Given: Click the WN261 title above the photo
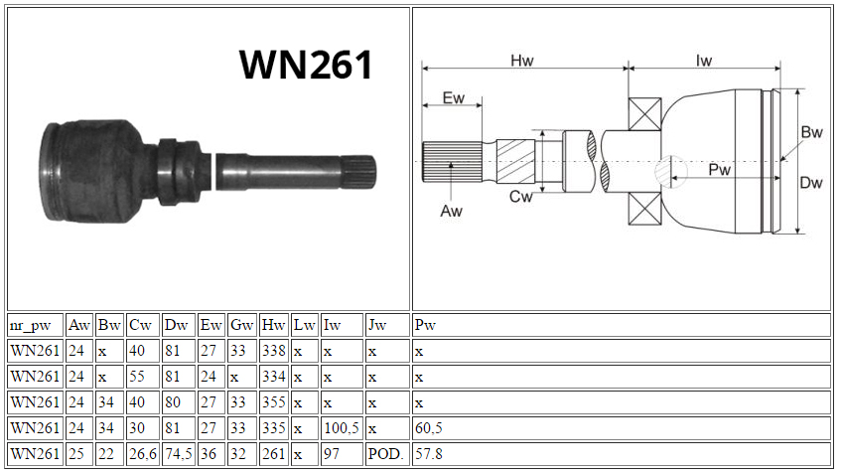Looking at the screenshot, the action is click(306, 65).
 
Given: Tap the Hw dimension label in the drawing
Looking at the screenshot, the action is click(522, 61).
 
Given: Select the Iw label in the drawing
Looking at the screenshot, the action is click(704, 61).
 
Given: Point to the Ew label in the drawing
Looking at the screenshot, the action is click(453, 97).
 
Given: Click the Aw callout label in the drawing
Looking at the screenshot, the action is click(451, 211).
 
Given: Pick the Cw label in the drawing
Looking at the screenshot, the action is click(521, 197).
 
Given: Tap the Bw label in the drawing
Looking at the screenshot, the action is click(811, 132).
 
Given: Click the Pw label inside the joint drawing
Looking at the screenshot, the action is click(719, 170).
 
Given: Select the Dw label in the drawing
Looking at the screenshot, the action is click(811, 183).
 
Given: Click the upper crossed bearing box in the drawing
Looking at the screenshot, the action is click(644, 114).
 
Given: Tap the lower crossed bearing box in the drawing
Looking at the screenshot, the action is click(644, 209).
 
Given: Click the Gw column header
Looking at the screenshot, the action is click(242, 325).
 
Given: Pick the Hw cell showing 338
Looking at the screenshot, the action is click(273, 351).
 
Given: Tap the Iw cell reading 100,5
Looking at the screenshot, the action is click(343, 428).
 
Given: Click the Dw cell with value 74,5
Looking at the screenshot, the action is click(179, 453).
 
